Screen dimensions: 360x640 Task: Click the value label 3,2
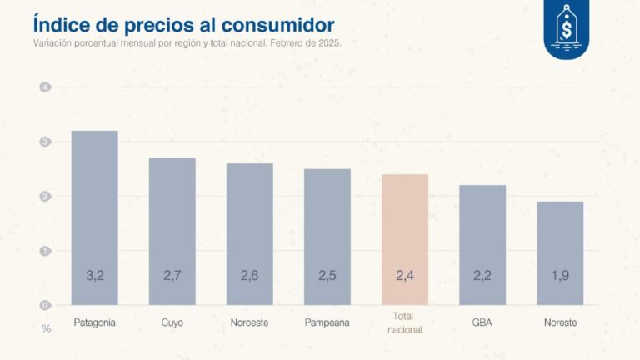click(x=94, y=276)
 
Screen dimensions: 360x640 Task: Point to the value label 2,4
click(x=404, y=276)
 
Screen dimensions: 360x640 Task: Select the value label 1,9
click(x=559, y=276)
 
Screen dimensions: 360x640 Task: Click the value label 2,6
click(x=249, y=276)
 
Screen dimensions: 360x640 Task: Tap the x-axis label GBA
click(x=482, y=322)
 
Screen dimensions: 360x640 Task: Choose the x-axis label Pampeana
click(x=327, y=322)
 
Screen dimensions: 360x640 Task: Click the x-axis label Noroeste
click(x=249, y=322)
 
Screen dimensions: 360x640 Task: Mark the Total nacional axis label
click(x=404, y=323)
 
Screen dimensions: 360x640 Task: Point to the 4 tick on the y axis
click(x=46, y=87)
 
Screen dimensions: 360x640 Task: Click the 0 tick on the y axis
click(x=46, y=305)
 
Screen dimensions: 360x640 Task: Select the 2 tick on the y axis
click(x=46, y=197)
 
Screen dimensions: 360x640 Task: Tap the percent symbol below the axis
click(x=46, y=328)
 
